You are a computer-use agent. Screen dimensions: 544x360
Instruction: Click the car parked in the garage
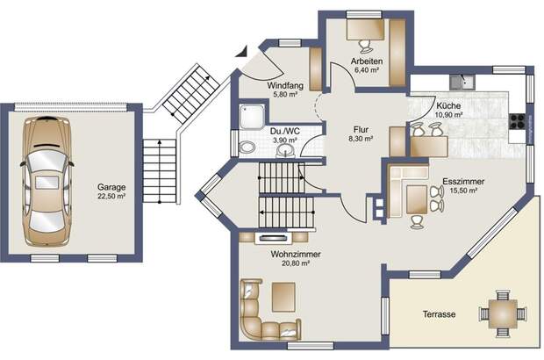coord(47,181)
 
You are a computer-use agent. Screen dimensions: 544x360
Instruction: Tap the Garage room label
coord(111,188)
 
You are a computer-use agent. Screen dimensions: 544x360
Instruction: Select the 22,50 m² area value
coord(111,196)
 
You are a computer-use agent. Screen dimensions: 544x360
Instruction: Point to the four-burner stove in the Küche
coord(517,121)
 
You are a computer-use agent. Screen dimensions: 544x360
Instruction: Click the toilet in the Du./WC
coord(247,148)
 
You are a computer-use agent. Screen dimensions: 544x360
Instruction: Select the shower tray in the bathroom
coord(251,116)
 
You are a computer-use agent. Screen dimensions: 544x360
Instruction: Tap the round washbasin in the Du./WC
coord(286,151)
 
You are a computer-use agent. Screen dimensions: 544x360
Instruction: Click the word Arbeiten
coord(367,61)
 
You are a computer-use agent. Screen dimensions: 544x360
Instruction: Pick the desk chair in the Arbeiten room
coord(365,45)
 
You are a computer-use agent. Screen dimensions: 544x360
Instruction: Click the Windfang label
coord(285,85)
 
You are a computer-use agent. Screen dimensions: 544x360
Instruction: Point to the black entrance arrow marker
coord(241,52)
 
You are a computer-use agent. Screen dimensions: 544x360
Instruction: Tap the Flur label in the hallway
coord(361,130)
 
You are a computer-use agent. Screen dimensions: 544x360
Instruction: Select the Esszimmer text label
coord(463,182)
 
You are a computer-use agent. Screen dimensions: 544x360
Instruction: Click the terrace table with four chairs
coord(503,313)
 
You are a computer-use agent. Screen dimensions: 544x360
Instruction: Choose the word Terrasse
coord(439,314)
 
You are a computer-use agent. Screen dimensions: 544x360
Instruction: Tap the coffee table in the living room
coord(283,297)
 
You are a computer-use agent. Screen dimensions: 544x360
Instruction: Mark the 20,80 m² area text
coord(296,263)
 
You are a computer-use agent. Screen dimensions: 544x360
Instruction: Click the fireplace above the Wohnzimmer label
coord(274,238)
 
